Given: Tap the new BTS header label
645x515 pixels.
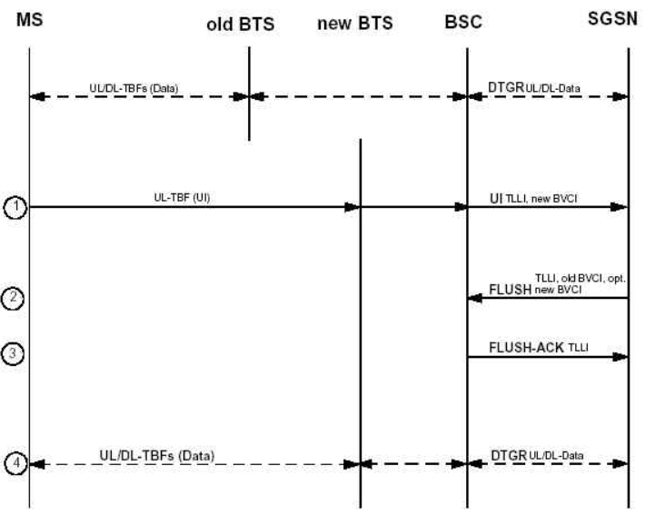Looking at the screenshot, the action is (x=354, y=24).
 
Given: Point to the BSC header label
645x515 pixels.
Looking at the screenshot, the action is (x=463, y=24).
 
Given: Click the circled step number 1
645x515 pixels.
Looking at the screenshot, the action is (x=15, y=208).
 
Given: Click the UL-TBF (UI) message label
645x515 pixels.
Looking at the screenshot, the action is (x=183, y=197).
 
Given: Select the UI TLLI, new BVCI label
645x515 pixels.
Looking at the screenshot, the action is (x=546, y=197).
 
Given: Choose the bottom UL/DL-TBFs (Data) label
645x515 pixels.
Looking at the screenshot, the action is (x=156, y=453).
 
